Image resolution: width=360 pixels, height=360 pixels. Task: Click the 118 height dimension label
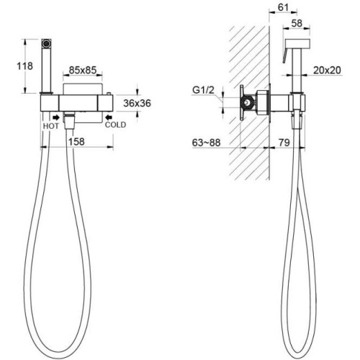point(24,66)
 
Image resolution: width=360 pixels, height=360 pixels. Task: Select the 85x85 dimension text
point(83,70)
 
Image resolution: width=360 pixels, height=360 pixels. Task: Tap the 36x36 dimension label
point(137,103)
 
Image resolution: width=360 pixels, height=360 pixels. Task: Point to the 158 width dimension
point(76,142)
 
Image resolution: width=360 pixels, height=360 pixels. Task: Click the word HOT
point(51,126)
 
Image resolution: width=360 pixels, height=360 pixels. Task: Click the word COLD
point(115,125)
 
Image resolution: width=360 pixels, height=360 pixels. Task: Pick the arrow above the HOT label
point(56,117)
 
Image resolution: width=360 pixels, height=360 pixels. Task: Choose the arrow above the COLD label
point(109,117)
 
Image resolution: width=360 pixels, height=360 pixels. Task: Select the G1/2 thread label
point(203,90)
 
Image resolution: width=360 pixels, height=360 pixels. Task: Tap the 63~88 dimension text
point(206,143)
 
